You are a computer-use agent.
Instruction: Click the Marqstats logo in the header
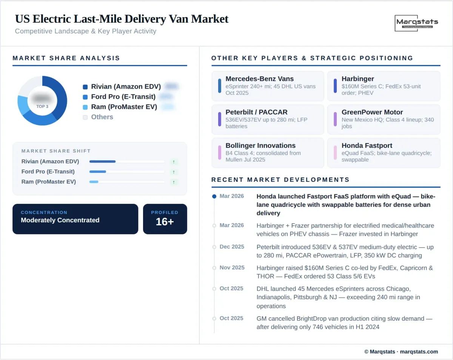(x=417, y=23)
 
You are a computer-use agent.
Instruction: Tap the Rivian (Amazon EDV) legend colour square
(x=85, y=87)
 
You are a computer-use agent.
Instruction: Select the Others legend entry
(x=102, y=117)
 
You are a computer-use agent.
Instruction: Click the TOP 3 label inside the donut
(x=42, y=106)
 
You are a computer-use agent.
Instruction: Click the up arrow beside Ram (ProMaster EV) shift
(x=174, y=182)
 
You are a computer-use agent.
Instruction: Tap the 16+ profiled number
(x=165, y=222)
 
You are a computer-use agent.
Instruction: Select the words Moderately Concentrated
(x=60, y=220)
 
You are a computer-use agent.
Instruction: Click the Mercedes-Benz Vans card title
(x=259, y=79)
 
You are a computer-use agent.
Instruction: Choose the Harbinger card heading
(x=357, y=79)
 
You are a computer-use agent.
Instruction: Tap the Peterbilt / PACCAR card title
(x=256, y=112)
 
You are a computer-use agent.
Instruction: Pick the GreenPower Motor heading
(x=372, y=112)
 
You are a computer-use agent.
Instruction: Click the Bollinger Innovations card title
(x=260, y=146)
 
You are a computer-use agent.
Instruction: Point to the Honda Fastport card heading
(x=367, y=146)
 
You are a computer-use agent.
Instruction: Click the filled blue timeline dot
(x=214, y=196)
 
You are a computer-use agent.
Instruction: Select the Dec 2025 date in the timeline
(x=232, y=247)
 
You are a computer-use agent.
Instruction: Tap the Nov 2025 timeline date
(x=232, y=268)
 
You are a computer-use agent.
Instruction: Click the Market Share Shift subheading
(x=56, y=151)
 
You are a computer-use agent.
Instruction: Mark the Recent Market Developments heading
(x=280, y=180)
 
